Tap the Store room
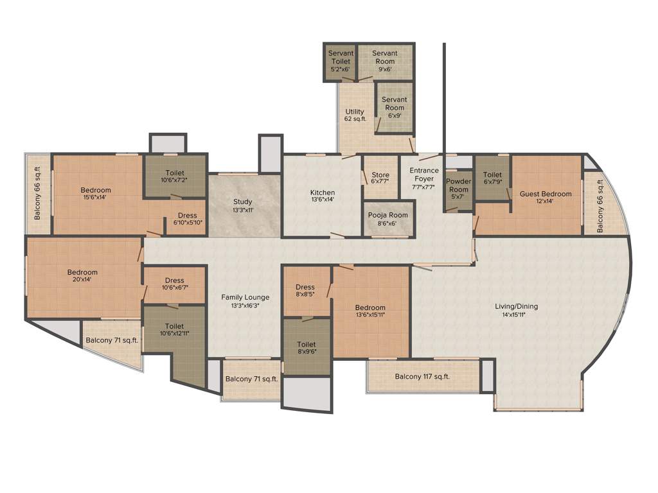[x=380, y=178]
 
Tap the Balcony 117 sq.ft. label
[x=422, y=377]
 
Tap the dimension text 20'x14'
[x=83, y=281]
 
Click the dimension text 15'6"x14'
[x=95, y=198]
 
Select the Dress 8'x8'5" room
[x=305, y=291]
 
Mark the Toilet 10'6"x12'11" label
[x=174, y=329]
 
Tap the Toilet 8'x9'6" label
[x=307, y=349]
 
